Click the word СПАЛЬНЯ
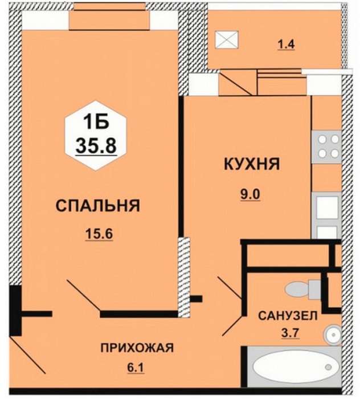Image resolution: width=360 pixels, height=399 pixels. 98,206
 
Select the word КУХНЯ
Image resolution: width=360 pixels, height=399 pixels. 252,164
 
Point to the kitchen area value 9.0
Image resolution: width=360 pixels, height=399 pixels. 251,195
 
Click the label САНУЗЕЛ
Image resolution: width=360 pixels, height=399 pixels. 288,316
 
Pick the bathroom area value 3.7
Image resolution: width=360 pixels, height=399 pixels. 291,333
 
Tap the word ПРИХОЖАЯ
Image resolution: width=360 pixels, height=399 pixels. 137,348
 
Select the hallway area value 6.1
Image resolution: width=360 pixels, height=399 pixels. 136,368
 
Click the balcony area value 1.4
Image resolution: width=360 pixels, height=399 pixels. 287,44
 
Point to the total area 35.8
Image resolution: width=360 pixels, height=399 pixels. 96,146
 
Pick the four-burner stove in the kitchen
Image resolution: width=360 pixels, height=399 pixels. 326,147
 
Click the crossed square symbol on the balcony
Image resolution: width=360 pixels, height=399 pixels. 227,39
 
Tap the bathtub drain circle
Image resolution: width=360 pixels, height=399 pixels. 329,367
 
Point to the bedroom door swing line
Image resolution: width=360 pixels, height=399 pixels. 84,295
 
